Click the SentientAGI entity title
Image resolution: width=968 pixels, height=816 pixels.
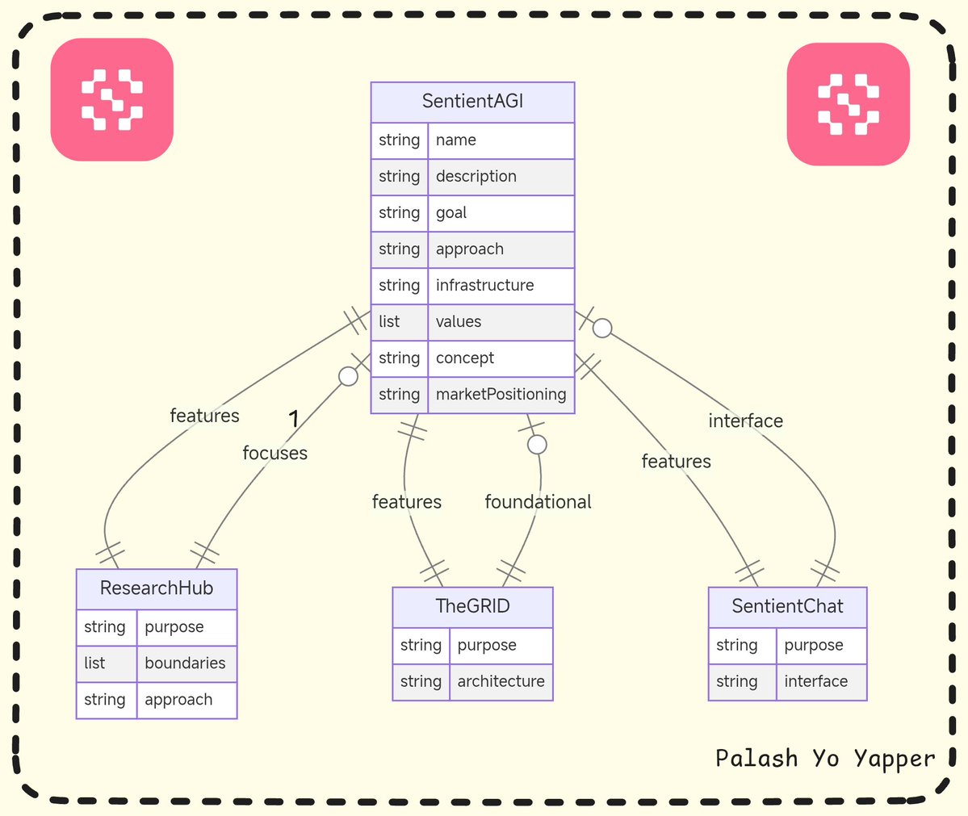pos(472,102)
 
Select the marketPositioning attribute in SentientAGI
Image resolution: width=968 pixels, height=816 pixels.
pos(501,395)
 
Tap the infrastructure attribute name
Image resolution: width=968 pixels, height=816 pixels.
pos(484,286)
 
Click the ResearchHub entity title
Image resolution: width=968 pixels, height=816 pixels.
pos(157,588)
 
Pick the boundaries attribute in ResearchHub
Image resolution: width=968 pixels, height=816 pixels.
pos(185,663)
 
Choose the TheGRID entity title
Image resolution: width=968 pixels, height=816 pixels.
pos(472,606)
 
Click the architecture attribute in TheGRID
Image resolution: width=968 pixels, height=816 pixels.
pos(501,682)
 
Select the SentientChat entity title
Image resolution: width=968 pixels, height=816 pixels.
pos(787,606)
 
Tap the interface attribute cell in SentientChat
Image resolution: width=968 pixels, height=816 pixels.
pos(816,682)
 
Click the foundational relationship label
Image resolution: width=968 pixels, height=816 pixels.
pos(538,502)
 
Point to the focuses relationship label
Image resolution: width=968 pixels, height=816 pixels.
pos(274,454)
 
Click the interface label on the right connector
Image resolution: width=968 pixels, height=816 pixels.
pos(745,421)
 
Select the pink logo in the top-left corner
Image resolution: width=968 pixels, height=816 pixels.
pos(112,100)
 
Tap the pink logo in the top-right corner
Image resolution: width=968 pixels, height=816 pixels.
pos(848,104)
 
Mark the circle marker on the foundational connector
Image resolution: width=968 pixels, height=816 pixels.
pos(537,445)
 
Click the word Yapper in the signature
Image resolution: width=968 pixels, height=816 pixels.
pos(894,760)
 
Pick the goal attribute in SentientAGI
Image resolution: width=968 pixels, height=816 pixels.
pos(451,213)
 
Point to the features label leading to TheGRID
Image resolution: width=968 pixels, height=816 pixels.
pos(406,502)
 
